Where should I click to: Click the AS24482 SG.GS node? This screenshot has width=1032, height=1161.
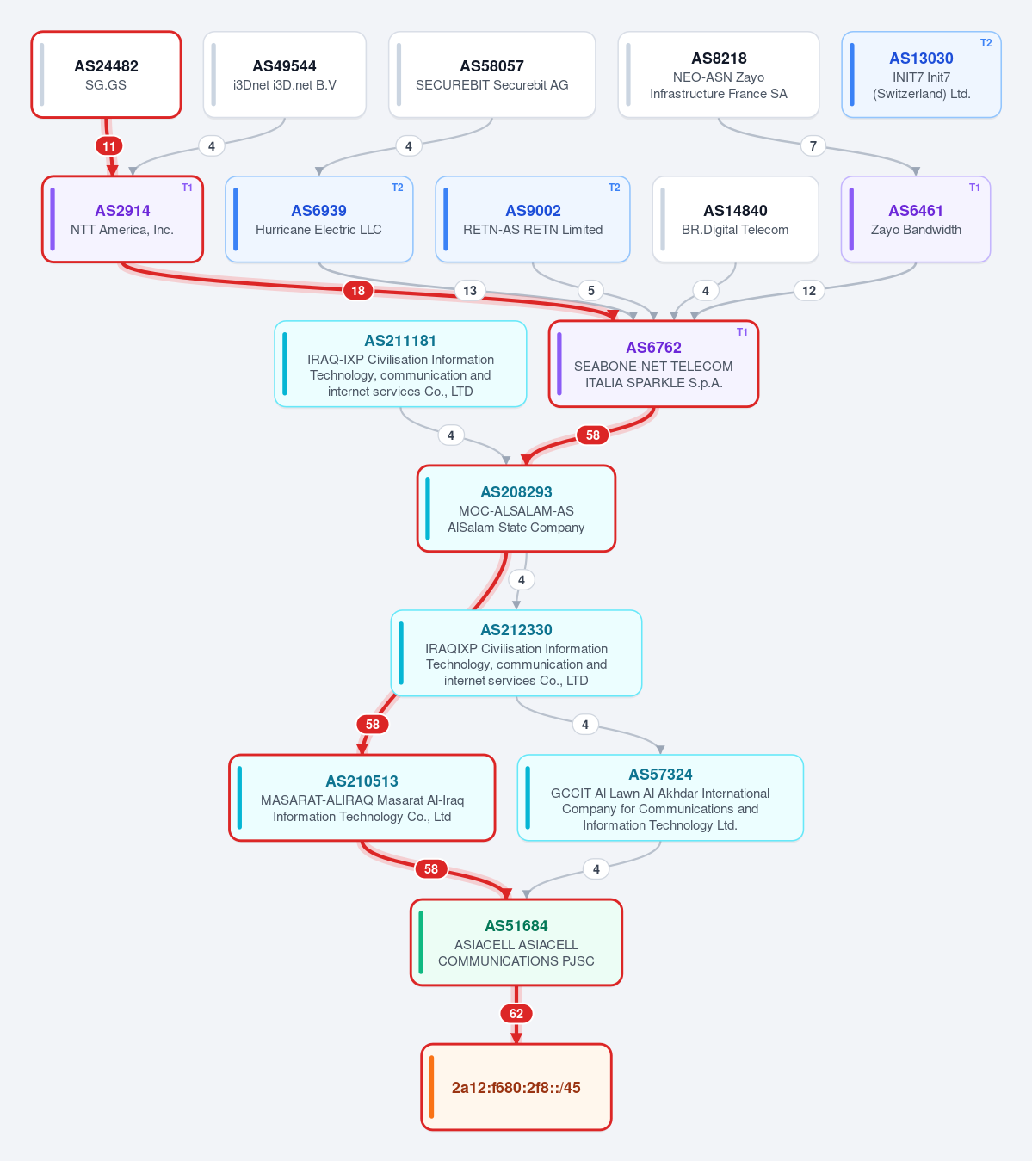[x=106, y=75]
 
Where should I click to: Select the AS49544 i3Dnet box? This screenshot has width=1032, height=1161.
[x=284, y=75]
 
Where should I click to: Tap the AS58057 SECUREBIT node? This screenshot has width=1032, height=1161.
[x=491, y=75]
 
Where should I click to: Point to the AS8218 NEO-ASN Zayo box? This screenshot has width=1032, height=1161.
[x=718, y=75]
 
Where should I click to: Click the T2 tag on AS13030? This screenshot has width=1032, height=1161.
[x=986, y=43]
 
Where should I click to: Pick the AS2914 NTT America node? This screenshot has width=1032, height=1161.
[x=122, y=219]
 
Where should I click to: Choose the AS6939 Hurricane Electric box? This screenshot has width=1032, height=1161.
[x=318, y=219]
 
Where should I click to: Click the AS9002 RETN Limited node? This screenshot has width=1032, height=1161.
[x=532, y=219]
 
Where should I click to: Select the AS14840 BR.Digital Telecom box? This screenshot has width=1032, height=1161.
[x=735, y=219]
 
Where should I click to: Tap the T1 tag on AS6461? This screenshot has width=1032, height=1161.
[x=974, y=188]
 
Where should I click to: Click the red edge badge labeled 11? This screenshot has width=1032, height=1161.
[x=108, y=146]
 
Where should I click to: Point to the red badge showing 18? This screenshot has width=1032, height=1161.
[x=358, y=291]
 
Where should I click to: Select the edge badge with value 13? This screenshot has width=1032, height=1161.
[x=470, y=291]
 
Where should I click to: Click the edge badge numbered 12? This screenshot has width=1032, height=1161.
[x=808, y=291]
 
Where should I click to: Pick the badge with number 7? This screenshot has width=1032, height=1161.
[x=813, y=146]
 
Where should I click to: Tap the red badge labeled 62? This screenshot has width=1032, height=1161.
[x=516, y=1013]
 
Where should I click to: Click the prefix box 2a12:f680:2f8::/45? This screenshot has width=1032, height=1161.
[x=516, y=1086]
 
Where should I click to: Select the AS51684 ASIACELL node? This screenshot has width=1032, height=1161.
[x=516, y=942]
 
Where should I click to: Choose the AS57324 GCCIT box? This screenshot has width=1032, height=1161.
[x=660, y=798]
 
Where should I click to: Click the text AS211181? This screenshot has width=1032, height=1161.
[x=400, y=341]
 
